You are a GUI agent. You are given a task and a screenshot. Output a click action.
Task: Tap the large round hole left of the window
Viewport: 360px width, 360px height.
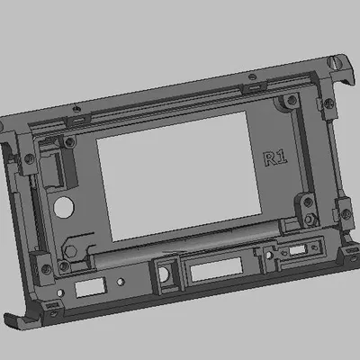[x=65, y=207]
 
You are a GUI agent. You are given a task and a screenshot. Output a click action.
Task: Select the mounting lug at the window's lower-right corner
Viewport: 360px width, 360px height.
[x=309, y=217]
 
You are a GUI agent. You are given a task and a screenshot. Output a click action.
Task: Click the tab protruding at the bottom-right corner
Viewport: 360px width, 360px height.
[x=346, y=256]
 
